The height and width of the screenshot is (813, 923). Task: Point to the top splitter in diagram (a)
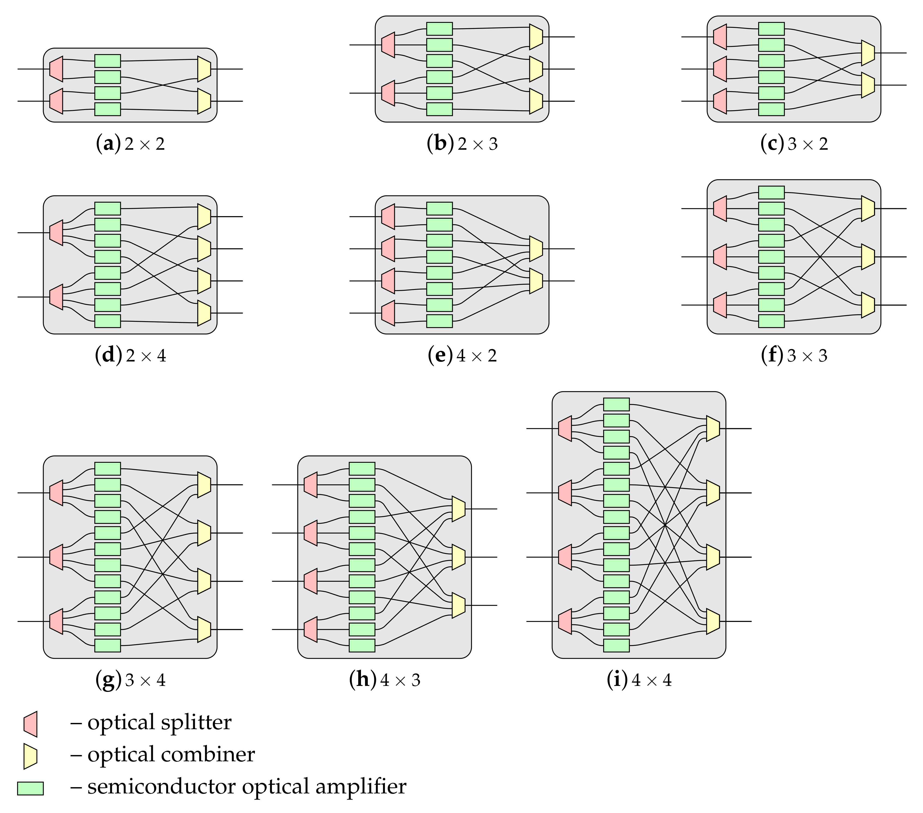point(56,69)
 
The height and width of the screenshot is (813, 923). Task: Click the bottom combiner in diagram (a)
point(204,101)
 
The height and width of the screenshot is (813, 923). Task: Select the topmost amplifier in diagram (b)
point(439,29)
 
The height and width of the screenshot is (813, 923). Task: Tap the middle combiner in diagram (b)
point(536,69)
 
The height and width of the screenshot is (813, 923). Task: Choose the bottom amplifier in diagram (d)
point(107,321)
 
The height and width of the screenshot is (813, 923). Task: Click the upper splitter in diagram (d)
point(56,233)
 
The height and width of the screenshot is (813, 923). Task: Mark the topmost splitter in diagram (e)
point(388,217)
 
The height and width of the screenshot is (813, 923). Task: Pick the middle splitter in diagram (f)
point(720,257)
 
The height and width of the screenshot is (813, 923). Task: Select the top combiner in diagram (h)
point(458,509)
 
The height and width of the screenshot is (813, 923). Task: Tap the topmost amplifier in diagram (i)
point(617,404)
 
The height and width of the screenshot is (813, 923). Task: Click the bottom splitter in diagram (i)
point(565,621)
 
